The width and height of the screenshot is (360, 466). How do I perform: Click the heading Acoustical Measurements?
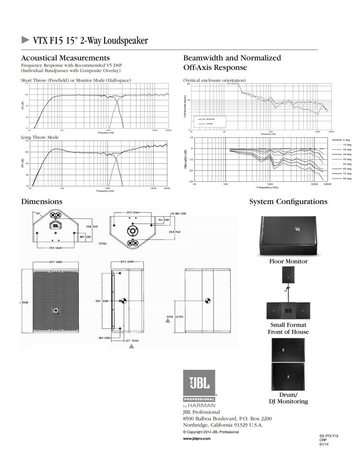[x=66, y=58]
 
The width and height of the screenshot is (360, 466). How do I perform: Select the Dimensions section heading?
[x=42, y=202]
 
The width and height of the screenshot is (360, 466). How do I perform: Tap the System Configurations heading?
[x=288, y=202]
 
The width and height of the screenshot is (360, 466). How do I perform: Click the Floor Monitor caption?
[x=288, y=262]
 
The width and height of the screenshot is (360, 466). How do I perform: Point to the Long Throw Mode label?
[x=40, y=137]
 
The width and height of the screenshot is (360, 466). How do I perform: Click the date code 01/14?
[x=324, y=444]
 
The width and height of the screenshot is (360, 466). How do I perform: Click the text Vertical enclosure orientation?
[x=215, y=80]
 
